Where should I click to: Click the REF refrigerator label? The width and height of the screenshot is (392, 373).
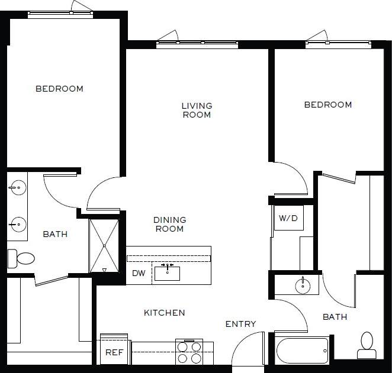pos(114,352)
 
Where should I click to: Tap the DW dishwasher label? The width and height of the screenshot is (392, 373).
pos(139,273)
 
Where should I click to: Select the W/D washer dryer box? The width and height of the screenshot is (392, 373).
pos(288,218)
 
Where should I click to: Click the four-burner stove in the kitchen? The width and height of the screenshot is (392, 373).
pos(189,352)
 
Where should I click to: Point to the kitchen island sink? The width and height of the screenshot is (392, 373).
pos(169,273)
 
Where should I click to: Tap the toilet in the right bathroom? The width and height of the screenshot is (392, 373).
pos(367,345)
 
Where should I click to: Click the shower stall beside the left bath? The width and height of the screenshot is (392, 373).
pos(104,245)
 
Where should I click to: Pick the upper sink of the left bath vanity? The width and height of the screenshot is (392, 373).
pos(17,189)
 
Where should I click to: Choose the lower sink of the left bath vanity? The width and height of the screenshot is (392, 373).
pos(17,224)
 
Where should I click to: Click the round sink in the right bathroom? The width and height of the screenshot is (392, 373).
pos(303,286)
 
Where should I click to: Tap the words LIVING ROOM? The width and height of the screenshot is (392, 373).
pos(197,111)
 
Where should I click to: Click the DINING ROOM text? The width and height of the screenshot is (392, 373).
pos(169,224)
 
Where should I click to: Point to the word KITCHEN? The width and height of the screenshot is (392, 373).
pos(165,312)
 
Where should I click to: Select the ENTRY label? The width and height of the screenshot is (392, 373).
pos(241,324)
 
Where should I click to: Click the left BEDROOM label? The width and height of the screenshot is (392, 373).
pos(59,89)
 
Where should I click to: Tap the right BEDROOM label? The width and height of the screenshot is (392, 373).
pos(328,105)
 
